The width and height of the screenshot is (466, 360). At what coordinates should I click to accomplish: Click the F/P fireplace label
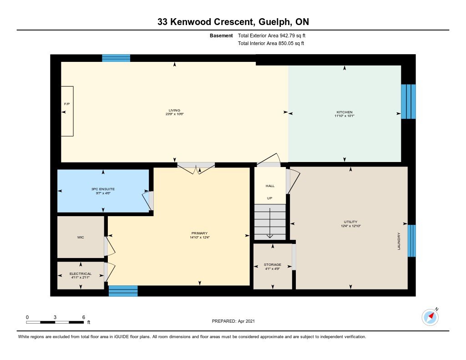click(67, 104)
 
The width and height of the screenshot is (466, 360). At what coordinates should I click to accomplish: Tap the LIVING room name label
click(174, 110)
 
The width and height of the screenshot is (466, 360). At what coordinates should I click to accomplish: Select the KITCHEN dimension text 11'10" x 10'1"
click(344, 116)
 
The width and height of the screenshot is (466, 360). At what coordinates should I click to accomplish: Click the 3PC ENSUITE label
click(103, 189)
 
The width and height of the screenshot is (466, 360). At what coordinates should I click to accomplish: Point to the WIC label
click(81, 237)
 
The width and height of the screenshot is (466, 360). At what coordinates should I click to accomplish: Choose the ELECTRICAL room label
click(81, 274)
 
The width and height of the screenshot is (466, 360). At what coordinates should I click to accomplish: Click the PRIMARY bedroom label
click(199, 233)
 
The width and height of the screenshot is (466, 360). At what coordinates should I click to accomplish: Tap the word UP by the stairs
click(269, 198)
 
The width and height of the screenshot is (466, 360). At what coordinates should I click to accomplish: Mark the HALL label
click(270, 186)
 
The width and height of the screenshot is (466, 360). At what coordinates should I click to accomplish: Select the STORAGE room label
click(273, 264)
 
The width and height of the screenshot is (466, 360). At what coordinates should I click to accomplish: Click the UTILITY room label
click(351, 222)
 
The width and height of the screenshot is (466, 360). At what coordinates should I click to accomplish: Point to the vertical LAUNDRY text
click(399, 241)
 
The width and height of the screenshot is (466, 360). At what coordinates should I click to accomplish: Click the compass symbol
click(430, 317)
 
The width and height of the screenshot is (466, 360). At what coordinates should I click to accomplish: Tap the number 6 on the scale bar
click(84, 317)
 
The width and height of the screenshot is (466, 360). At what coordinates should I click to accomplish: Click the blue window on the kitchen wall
click(408, 101)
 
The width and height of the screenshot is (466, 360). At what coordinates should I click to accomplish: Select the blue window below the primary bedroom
click(123, 291)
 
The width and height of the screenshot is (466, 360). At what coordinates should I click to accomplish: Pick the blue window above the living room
click(116, 58)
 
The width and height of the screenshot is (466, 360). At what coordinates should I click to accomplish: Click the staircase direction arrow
click(269, 223)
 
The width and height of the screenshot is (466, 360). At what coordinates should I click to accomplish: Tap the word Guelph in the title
click(275, 22)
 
